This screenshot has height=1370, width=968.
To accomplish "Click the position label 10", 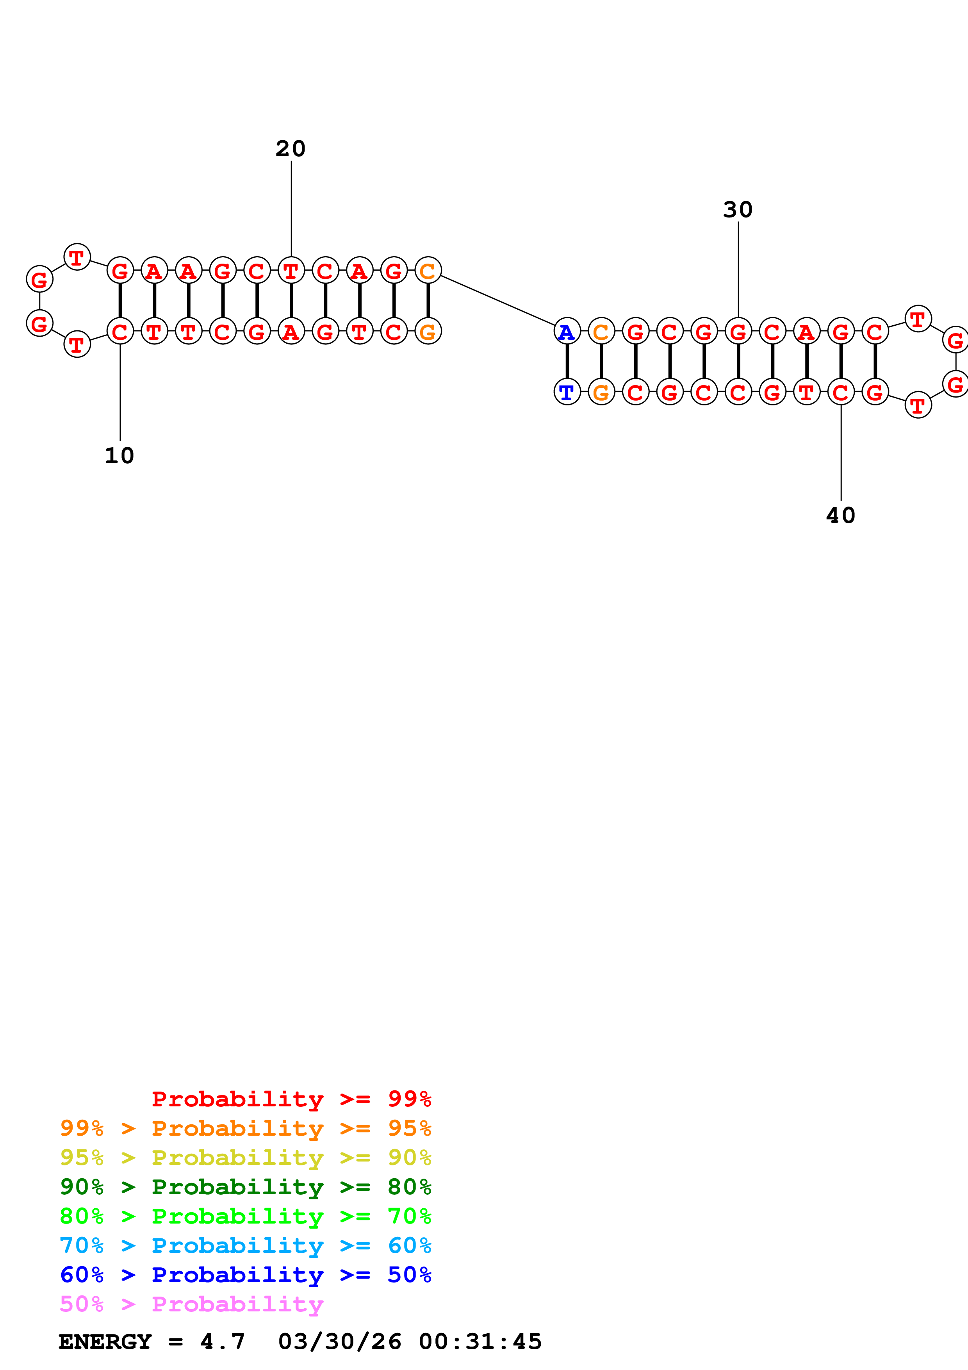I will coord(119,456).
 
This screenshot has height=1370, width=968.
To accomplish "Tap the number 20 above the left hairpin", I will coord(291,148).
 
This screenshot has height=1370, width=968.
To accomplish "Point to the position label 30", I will coord(738,209).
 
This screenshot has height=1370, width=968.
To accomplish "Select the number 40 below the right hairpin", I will coord(840,516).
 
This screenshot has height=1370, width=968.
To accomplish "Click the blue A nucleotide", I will coord(567,331).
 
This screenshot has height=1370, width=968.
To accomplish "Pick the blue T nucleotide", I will coord(567,392).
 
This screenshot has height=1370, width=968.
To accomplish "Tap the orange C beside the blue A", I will coord(601,331).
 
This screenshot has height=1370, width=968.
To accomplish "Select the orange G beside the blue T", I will coord(601,392).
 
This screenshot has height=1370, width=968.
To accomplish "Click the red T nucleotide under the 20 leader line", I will coord(291,271).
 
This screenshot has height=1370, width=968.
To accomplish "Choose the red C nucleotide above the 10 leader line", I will coord(120,331).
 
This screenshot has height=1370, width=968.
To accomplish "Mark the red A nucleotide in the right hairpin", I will coord(806,331).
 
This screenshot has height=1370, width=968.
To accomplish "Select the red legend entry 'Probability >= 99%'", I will coord(291,1099).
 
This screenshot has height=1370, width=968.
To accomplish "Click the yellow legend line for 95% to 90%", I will coord(245,1158).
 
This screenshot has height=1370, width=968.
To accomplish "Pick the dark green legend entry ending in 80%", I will coord(245,1187).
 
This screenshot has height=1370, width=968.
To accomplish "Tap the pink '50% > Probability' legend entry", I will coord(191,1304).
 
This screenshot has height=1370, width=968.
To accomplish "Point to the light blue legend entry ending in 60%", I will coord(245,1245).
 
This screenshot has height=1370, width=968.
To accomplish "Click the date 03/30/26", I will coord(339,1342).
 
